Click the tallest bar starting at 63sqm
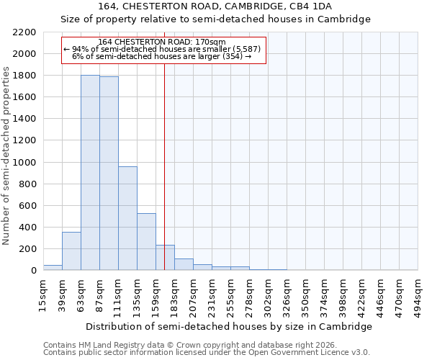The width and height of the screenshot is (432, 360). click(90, 173)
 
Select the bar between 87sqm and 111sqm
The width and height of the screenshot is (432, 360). click(109, 174)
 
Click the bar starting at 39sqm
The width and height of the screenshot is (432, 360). click(71, 251)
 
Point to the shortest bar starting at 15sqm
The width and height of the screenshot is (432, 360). click(53, 268)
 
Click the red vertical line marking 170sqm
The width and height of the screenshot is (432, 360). click(165, 180)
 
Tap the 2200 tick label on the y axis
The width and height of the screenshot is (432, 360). click(24, 32)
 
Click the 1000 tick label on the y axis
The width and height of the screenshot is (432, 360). click(24, 163)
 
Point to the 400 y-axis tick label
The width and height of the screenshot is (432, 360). click(27, 228)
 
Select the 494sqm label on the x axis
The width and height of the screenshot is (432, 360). click(418, 296)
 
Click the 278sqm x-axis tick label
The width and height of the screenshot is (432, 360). click(250, 296)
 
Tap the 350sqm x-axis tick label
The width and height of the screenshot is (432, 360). click(306, 296)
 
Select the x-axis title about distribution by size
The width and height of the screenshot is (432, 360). click(229, 326)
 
